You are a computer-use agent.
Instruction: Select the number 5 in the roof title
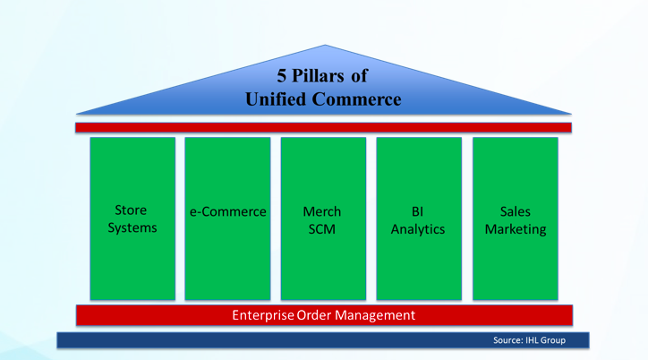pyautogui.click(x=281, y=75)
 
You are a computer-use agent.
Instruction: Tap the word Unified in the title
pyautogui.click(x=276, y=99)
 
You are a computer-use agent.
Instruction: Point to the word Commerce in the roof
pyautogui.click(x=356, y=99)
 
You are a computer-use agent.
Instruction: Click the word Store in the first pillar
pyautogui.click(x=131, y=210)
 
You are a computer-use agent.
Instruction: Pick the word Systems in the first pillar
pyautogui.click(x=132, y=227)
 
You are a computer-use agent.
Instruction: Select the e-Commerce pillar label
pyautogui.click(x=227, y=211)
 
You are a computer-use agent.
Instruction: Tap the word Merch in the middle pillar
pyautogui.click(x=322, y=211)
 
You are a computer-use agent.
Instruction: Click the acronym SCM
pyautogui.click(x=322, y=229)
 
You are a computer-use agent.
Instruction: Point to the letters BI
pyautogui.click(x=417, y=211)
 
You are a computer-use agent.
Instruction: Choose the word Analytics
pyautogui.click(x=418, y=229)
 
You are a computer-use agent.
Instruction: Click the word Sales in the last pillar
pyautogui.click(x=515, y=211)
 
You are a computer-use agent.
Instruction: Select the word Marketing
pyautogui.click(x=516, y=229)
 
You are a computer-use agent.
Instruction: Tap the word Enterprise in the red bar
pyautogui.click(x=263, y=315)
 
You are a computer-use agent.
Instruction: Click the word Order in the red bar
pyautogui.click(x=314, y=315)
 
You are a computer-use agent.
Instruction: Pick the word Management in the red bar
pyautogui.click(x=375, y=316)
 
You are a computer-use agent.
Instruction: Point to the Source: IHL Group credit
pyautogui.click(x=529, y=340)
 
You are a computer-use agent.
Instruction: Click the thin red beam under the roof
pyautogui.click(x=323, y=128)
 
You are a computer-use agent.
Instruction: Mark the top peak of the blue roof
pyautogui.click(x=325, y=45)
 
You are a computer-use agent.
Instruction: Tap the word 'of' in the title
pyautogui.click(x=360, y=75)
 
